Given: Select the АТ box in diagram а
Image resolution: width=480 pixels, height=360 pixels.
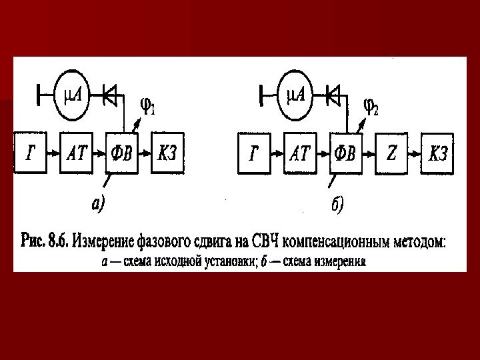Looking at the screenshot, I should [77, 153].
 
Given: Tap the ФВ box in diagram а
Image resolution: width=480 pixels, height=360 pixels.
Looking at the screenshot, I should [122, 153].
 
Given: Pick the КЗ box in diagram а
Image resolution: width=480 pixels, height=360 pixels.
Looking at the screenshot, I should [168, 153].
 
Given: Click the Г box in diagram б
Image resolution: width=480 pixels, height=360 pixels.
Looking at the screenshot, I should [255, 154].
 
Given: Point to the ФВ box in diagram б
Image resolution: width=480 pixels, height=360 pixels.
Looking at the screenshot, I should [346, 154].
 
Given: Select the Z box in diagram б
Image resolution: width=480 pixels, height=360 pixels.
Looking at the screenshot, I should [391, 154].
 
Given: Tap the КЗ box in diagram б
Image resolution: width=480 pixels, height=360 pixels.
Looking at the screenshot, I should [437, 154].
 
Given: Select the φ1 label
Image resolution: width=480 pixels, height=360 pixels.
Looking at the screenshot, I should [147, 107].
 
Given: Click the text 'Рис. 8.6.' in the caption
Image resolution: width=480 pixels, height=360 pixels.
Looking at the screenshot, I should [44, 241].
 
